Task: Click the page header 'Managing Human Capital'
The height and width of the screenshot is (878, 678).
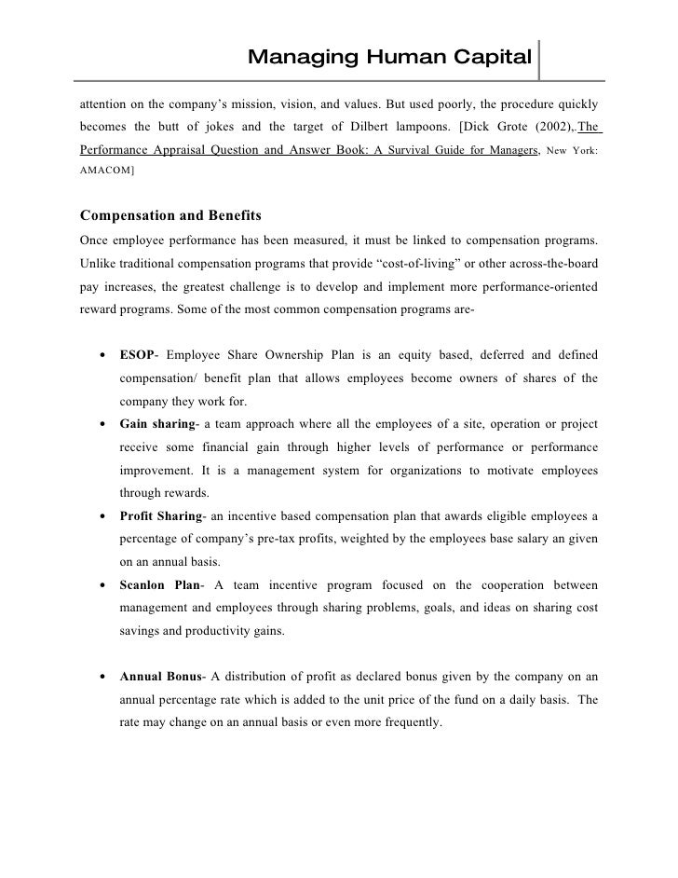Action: [x=389, y=59]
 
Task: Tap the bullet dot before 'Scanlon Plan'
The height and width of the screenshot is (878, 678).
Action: [x=100, y=586]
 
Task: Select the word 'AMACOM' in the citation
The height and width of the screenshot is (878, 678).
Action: [x=104, y=171]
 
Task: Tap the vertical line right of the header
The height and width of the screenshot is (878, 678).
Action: [x=539, y=59]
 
